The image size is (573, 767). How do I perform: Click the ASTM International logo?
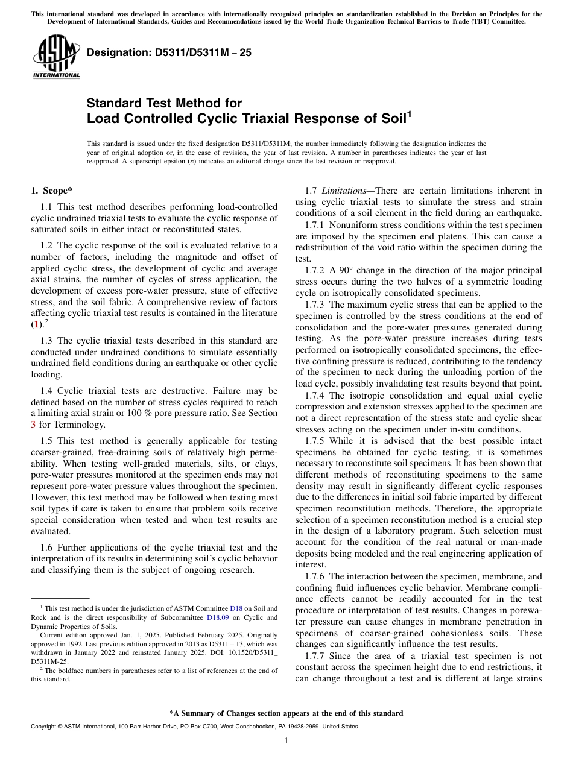(56, 57)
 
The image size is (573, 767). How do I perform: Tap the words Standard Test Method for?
(164, 103)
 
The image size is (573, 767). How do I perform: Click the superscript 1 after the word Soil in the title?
(410, 113)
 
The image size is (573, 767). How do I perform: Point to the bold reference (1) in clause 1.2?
(37, 324)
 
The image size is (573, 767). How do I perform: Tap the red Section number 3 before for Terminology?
(33, 424)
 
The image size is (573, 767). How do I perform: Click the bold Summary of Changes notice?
(286, 713)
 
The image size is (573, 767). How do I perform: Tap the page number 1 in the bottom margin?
(286, 741)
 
